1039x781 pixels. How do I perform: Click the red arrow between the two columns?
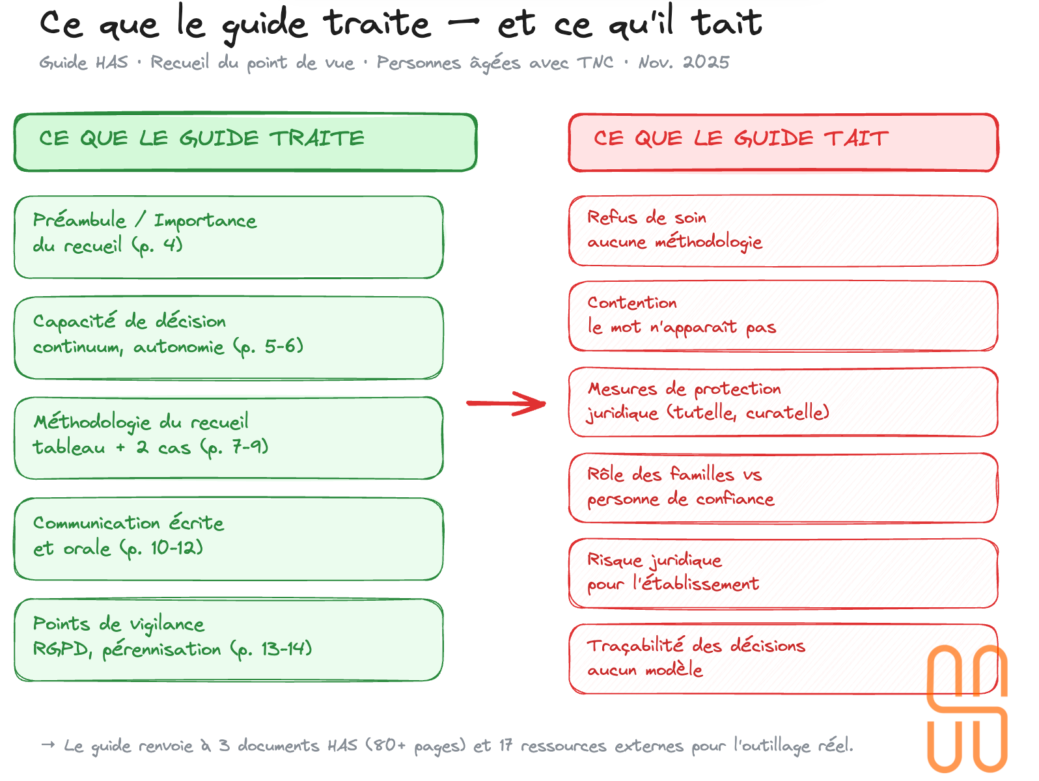click(506, 404)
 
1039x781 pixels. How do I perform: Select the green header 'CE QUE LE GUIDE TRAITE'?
click(245, 143)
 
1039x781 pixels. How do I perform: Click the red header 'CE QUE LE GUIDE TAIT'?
click(783, 143)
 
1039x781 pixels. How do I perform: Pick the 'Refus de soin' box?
click(783, 230)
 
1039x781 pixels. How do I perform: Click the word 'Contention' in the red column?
click(632, 303)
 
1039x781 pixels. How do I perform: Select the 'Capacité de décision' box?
click(229, 338)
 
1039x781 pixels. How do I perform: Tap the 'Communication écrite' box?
click(229, 539)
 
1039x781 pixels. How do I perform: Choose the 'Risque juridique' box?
click(783, 573)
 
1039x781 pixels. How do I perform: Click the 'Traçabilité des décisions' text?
click(696, 646)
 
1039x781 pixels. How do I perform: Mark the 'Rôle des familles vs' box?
click(783, 487)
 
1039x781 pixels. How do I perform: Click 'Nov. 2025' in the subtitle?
click(684, 62)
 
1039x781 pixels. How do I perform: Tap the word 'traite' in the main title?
click(378, 25)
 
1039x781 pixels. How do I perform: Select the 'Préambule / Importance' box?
click(229, 237)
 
